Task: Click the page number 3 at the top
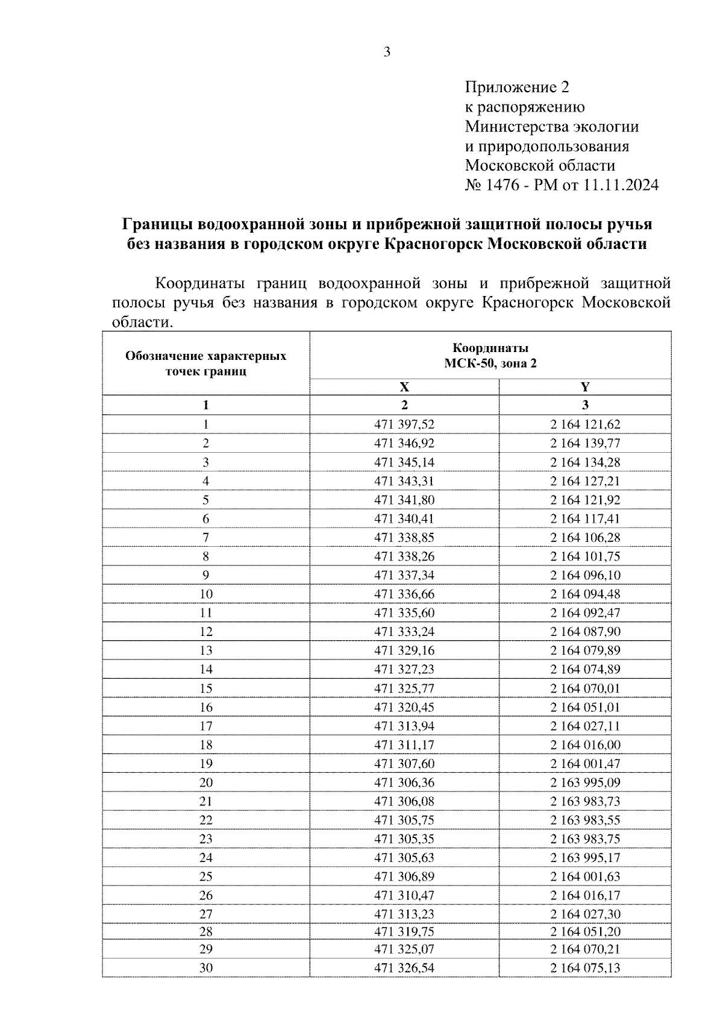click(x=387, y=52)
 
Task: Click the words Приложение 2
click(x=516, y=87)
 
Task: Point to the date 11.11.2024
click(x=621, y=184)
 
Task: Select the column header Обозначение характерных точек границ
click(x=206, y=364)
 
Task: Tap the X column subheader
click(x=404, y=387)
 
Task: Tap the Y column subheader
click(x=584, y=387)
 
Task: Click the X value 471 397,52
click(x=404, y=424)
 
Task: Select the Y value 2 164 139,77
click(x=584, y=443)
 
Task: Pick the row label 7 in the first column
click(x=206, y=537)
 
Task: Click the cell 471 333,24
click(x=404, y=632)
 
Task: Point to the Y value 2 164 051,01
click(x=584, y=707)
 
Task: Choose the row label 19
click(x=206, y=764)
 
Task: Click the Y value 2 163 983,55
click(x=584, y=820)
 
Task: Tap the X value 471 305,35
click(x=404, y=839)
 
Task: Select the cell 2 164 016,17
click(x=584, y=895)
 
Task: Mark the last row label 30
click(x=206, y=968)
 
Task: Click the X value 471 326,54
click(x=404, y=968)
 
